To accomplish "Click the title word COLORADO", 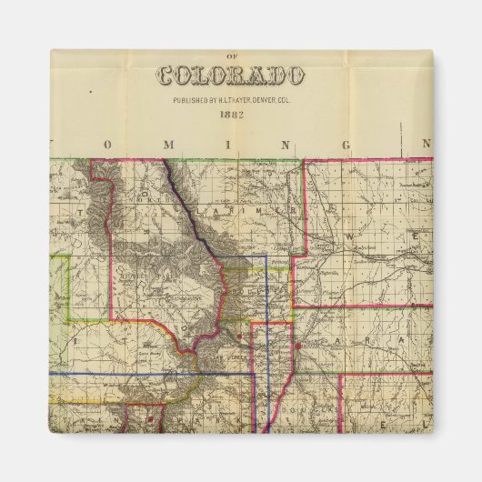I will pos(230,75).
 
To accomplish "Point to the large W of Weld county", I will pos(350,236).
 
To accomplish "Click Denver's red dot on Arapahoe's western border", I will pos(297,346).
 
